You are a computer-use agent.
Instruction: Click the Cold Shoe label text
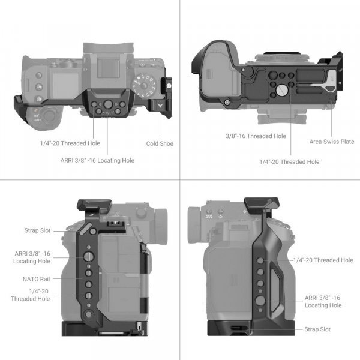click(x=160, y=143)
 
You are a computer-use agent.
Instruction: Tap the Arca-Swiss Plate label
click(x=332, y=142)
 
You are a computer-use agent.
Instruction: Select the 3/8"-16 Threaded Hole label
click(x=256, y=136)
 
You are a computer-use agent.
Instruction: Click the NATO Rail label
click(x=36, y=279)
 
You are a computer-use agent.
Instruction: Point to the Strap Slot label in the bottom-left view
click(x=37, y=230)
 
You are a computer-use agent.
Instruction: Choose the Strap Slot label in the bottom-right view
click(x=317, y=329)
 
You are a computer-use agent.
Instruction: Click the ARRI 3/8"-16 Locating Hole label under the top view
click(x=97, y=160)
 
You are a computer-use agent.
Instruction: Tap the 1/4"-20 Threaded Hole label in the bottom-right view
click(x=323, y=260)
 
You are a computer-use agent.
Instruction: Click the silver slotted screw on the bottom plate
click(x=282, y=90)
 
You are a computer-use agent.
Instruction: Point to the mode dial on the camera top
click(x=144, y=85)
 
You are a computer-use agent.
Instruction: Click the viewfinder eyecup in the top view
click(x=108, y=49)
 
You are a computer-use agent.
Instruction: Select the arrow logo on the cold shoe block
click(x=160, y=106)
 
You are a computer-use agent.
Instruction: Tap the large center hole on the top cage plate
click(x=107, y=104)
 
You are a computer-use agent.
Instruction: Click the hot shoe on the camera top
click(x=108, y=68)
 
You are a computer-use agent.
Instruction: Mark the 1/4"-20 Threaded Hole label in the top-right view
click(x=289, y=162)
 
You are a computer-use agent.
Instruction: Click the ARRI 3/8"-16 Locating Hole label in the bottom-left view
click(x=32, y=257)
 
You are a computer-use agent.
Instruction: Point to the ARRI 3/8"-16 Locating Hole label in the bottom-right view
click(x=323, y=301)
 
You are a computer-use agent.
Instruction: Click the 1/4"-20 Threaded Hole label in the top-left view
click(x=70, y=143)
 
